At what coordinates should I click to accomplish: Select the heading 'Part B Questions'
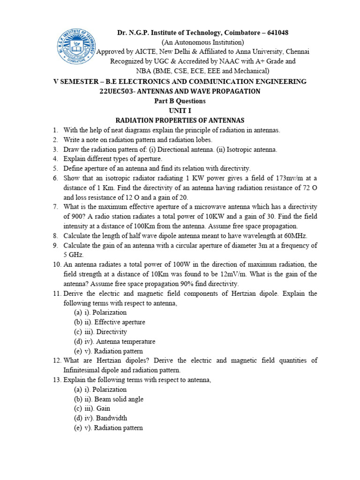(180, 101)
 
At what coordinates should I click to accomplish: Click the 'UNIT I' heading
(180, 111)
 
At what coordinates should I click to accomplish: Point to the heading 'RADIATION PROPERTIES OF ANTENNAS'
(180, 120)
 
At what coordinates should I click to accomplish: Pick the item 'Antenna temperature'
(126, 342)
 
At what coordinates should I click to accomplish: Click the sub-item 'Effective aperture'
(120, 322)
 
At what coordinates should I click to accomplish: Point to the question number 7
(55, 207)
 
